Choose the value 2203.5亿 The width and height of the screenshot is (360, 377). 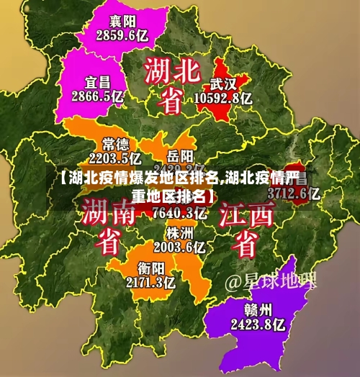[114, 158]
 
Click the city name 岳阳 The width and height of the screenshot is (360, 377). [180, 155]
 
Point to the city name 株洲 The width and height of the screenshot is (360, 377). [179, 233]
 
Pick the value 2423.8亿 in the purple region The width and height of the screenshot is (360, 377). [258, 324]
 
